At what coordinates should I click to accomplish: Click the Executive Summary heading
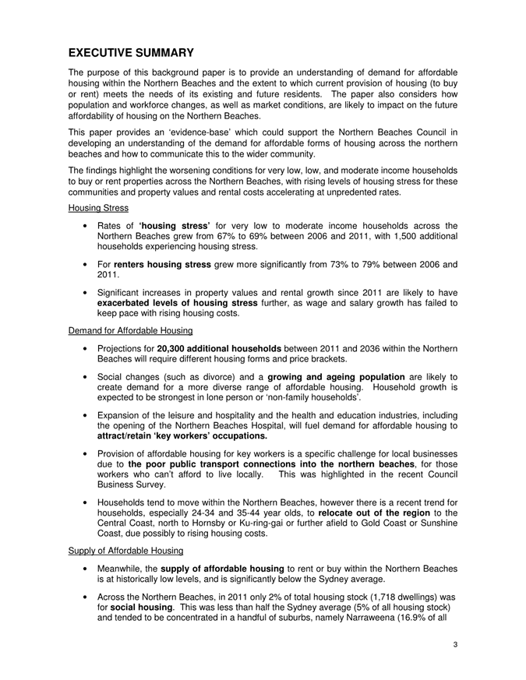point(131,53)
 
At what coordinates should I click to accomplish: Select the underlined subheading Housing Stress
point(97,210)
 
